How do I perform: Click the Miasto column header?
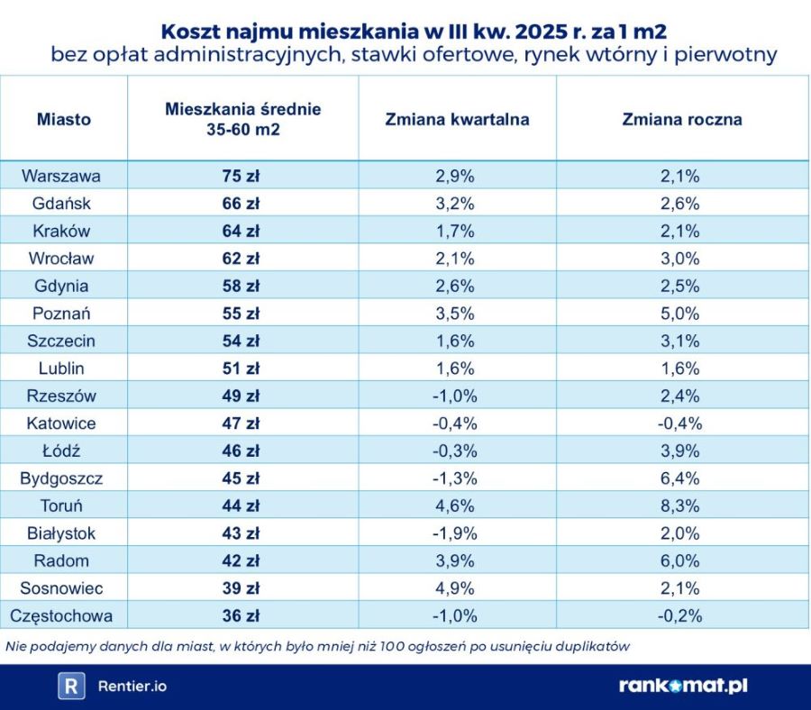pyautogui.click(x=63, y=119)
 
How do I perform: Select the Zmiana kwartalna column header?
pyautogui.click(x=457, y=119)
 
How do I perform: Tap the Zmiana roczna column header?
pyautogui.click(x=682, y=119)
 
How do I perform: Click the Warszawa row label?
pyautogui.click(x=61, y=176)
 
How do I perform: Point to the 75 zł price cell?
pyautogui.click(x=241, y=176)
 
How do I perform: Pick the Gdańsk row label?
pyautogui.click(x=61, y=204)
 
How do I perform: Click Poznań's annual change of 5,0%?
pyautogui.click(x=680, y=314)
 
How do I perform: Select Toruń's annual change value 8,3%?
pyautogui.click(x=680, y=505)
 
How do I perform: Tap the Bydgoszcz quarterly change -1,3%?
pyautogui.click(x=455, y=478)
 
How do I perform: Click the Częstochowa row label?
pyautogui.click(x=61, y=616)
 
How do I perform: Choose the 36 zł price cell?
pyautogui.click(x=241, y=616)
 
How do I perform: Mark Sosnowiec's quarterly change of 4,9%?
pyautogui.click(x=455, y=588)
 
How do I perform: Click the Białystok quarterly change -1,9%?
pyautogui.click(x=455, y=533)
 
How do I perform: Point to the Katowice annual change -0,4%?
pyautogui.click(x=680, y=423)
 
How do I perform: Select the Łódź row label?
pyautogui.click(x=61, y=451)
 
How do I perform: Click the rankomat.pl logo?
pyautogui.click(x=683, y=686)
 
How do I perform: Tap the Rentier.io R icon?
pyautogui.click(x=71, y=686)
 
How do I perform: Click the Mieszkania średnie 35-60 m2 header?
pyautogui.click(x=242, y=119)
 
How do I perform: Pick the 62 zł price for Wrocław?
pyautogui.click(x=241, y=259)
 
